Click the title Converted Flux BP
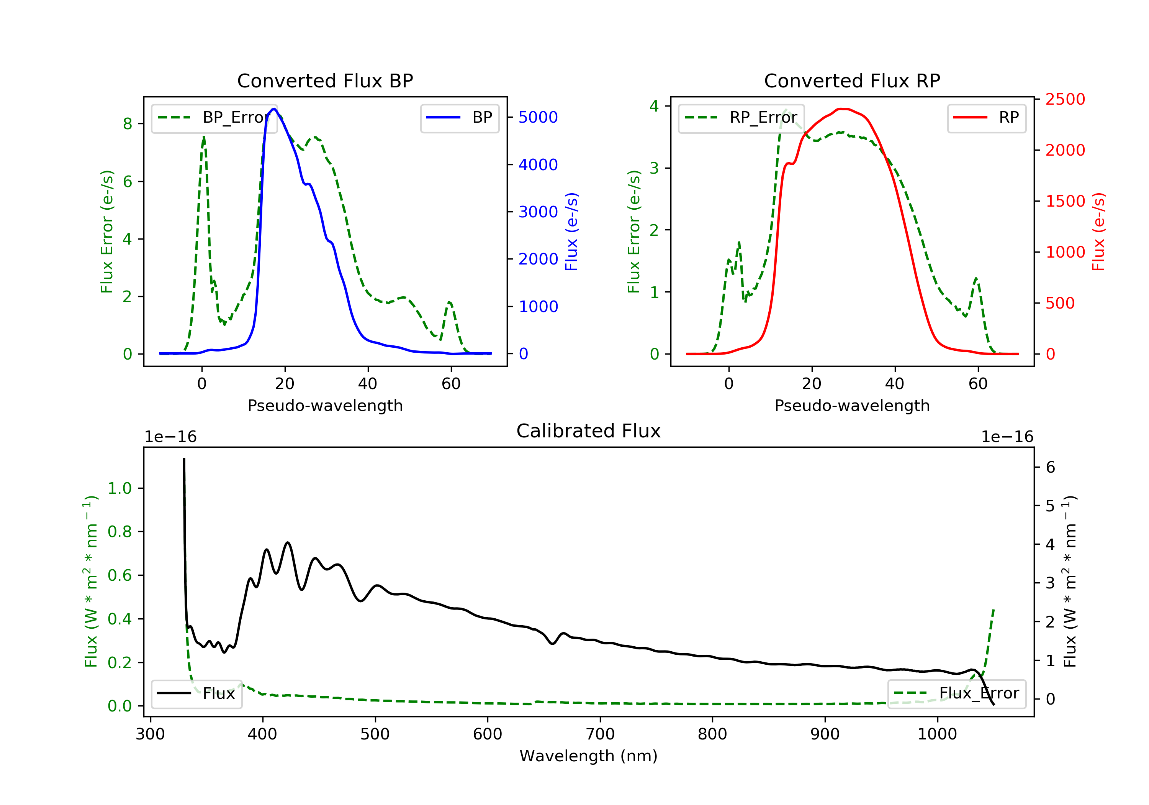[x=325, y=80]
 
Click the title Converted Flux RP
[x=852, y=80]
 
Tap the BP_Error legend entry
[x=214, y=118]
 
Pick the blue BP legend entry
[x=459, y=118]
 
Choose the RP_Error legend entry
[x=741, y=118]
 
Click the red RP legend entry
[x=986, y=118]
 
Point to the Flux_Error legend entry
[x=956, y=693]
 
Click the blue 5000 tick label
[x=538, y=117]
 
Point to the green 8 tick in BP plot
[x=128, y=124]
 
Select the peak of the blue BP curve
[x=274, y=109]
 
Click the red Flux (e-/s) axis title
[x=1098, y=232]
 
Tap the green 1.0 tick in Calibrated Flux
[x=119, y=488]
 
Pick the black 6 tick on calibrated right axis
[x=1051, y=467]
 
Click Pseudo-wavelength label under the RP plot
[x=852, y=405]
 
